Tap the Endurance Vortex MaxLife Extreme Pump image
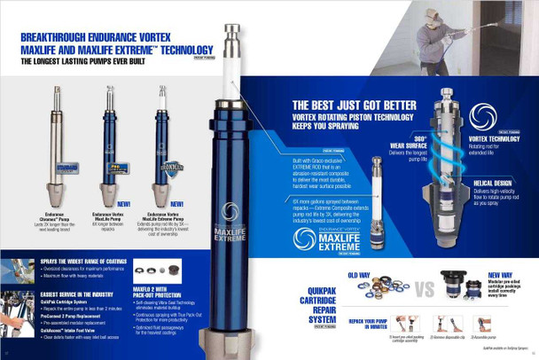[x=163, y=146]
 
